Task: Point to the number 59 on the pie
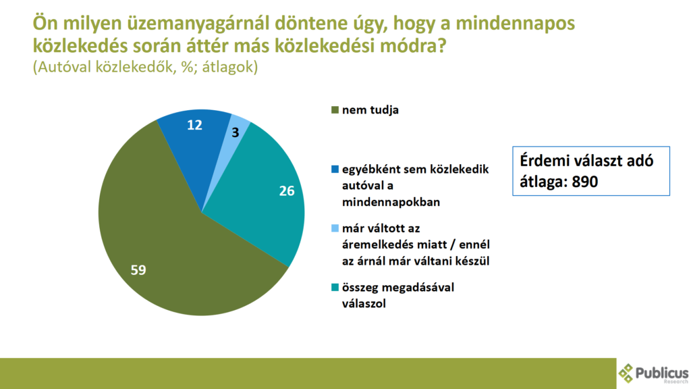138,270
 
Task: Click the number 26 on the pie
286,191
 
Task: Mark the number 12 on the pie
194,125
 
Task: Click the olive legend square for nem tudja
335,110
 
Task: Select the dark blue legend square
335,170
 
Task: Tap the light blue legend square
335,228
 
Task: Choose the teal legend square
335,288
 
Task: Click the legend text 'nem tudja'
370,110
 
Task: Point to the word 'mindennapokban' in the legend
391,202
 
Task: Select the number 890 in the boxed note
584,182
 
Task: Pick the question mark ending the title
441,46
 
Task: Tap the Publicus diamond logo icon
626,373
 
